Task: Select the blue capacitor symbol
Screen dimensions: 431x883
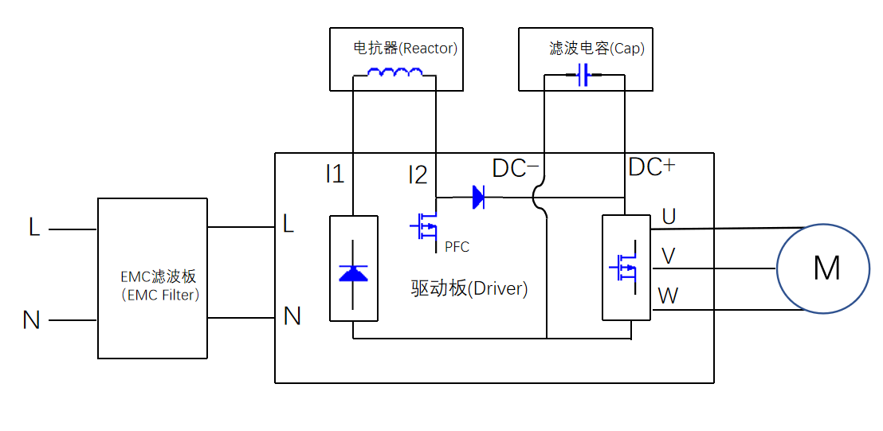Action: [x=583, y=76]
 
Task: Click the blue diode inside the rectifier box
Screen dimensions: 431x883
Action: [x=353, y=273]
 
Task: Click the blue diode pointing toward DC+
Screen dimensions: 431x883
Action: [x=478, y=197]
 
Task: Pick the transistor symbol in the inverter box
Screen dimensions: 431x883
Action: [x=624, y=268]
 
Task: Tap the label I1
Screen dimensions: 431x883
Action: [x=335, y=174]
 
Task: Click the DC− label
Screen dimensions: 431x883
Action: [x=516, y=168]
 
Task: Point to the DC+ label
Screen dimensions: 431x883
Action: [x=651, y=167]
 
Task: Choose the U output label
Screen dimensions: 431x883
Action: [x=669, y=216]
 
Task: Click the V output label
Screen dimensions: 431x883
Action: [x=669, y=256]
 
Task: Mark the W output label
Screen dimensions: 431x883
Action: [x=668, y=296]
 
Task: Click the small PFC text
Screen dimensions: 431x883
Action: [x=457, y=247]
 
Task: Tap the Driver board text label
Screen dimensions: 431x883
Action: [x=469, y=288]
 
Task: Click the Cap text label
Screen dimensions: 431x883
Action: [x=597, y=49]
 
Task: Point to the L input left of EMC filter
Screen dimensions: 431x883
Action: [x=34, y=228]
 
